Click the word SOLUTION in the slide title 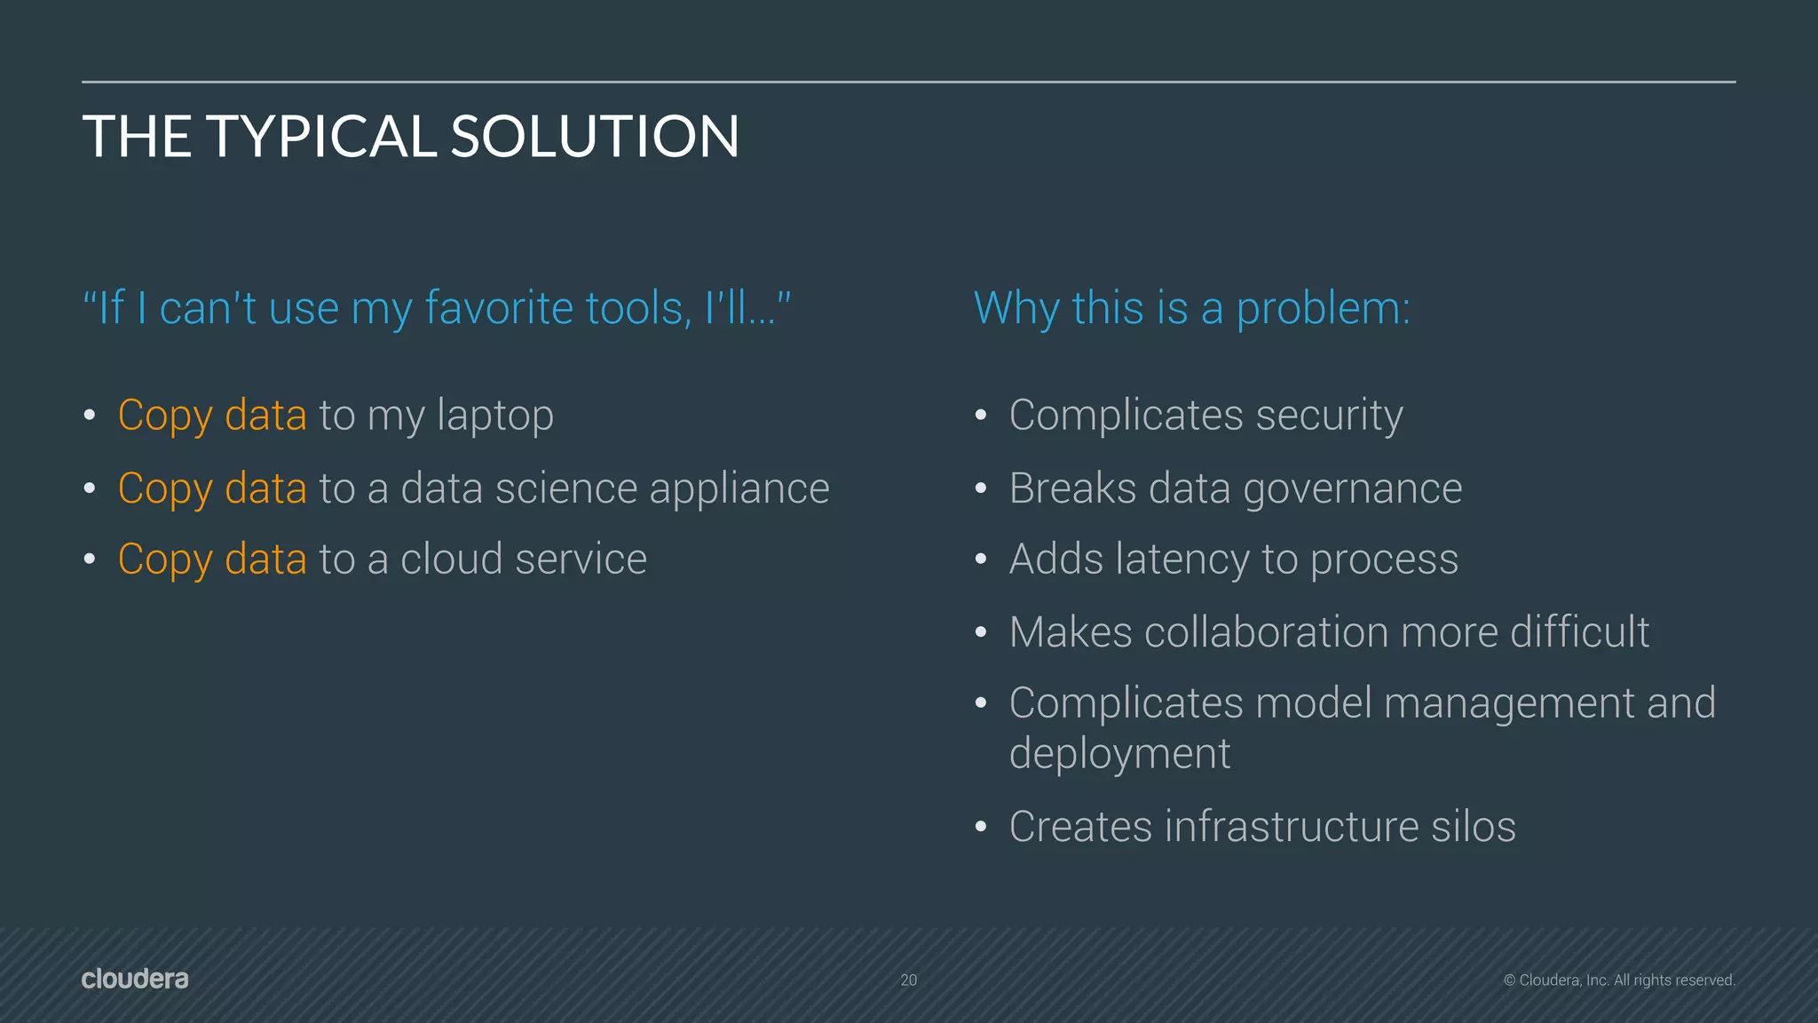click(x=595, y=137)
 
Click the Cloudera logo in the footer click(x=135, y=979)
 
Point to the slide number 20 click(x=908, y=980)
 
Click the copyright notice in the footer click(x=1619, y=980)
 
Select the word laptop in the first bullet click(x=494, y=416)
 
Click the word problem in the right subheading click(x=1322, y=310)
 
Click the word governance click(x=1352, y=489)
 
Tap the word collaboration click(x=1266, y=632)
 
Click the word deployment click(x=1119, y=755)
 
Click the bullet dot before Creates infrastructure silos click(x=981, y=828)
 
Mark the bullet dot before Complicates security click(x=981, y=416)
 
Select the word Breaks click(x=1072, y=488)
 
